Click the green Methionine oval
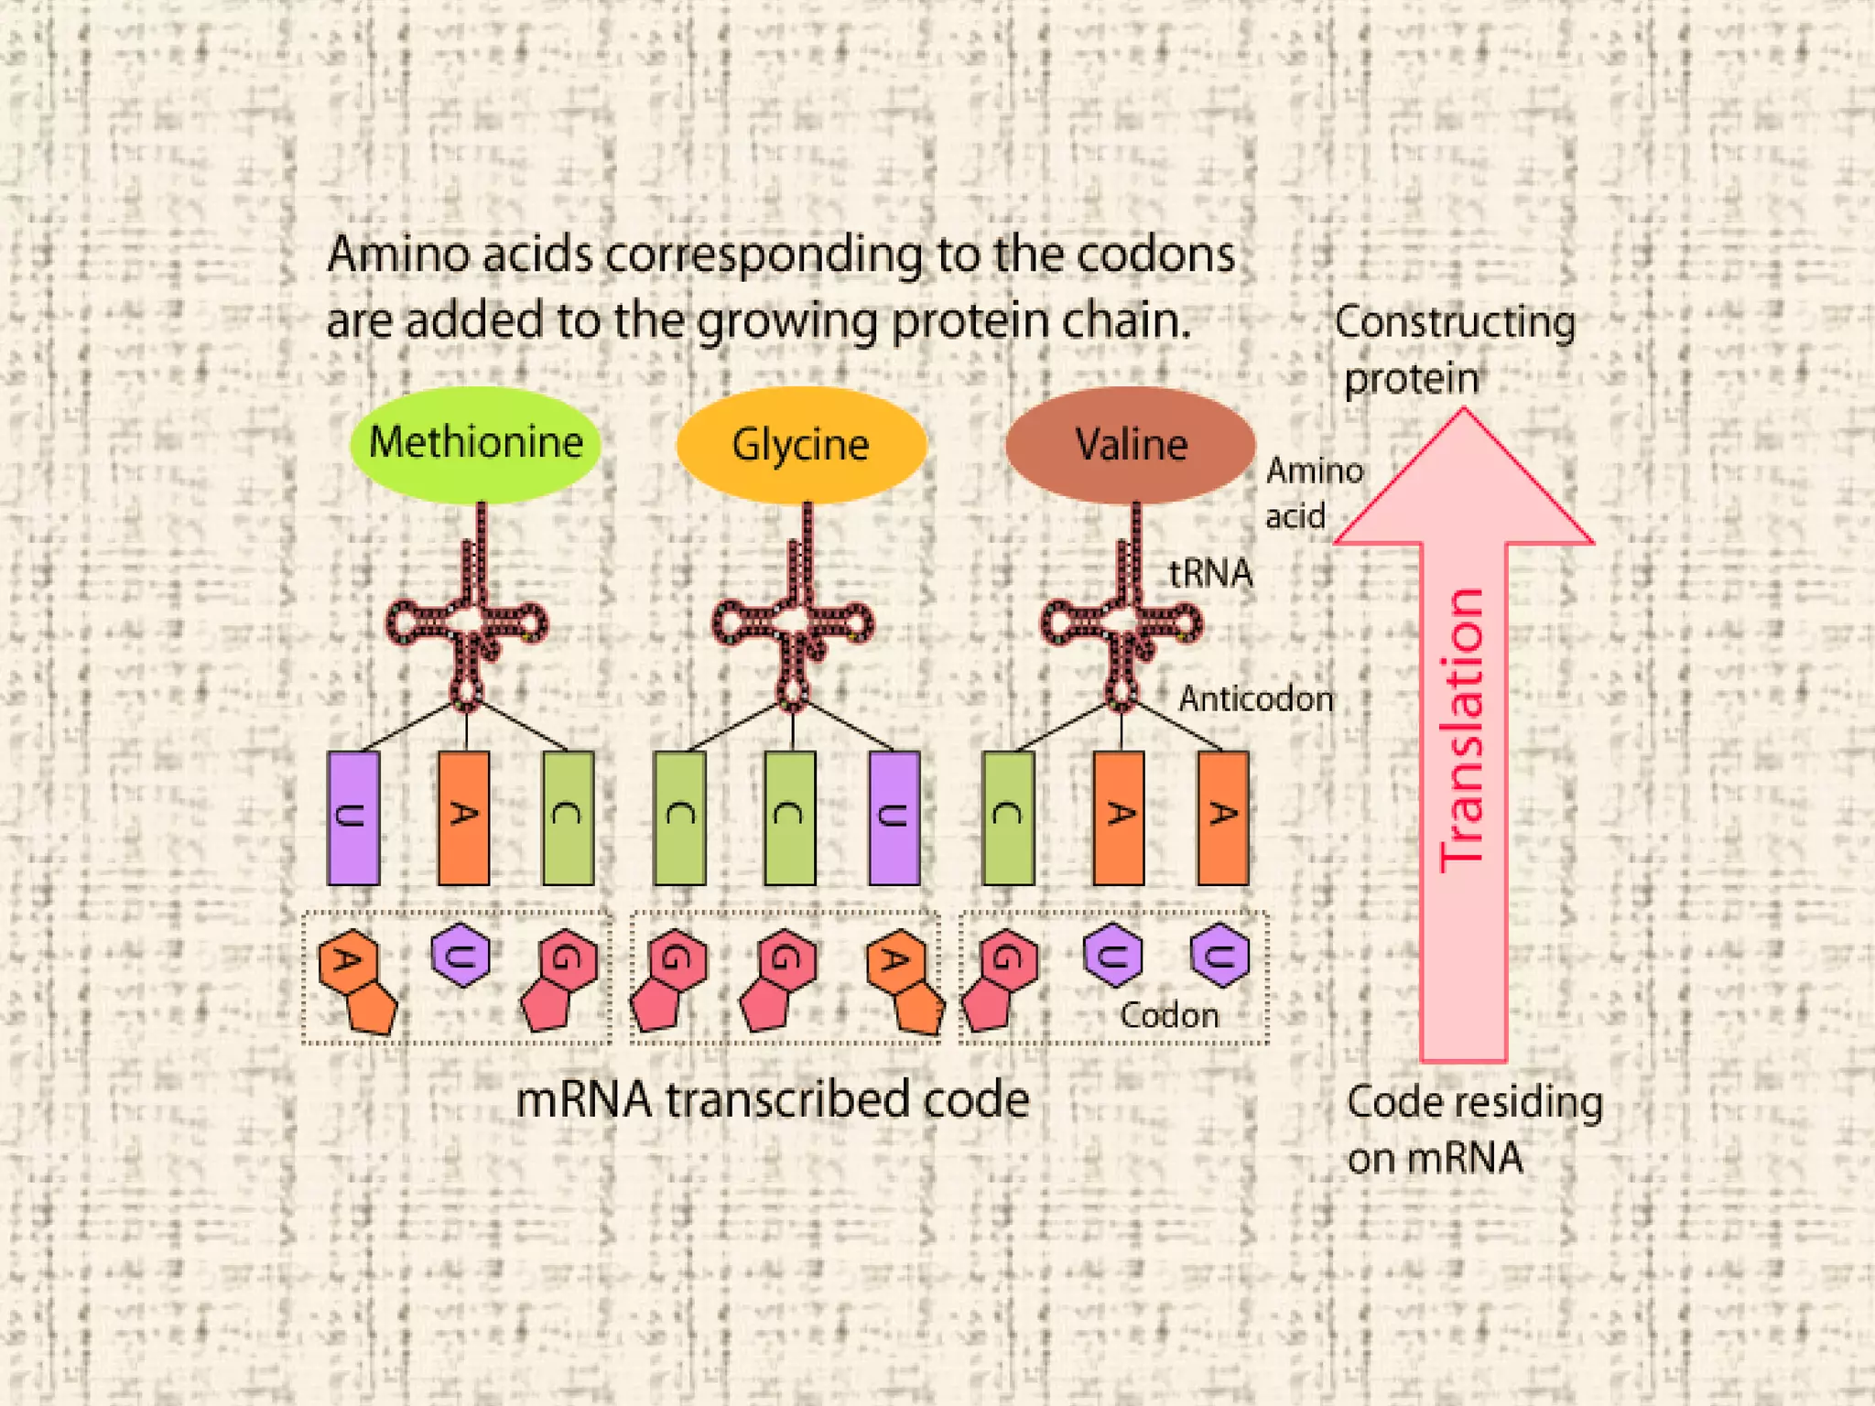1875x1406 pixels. click(x=475, y=445)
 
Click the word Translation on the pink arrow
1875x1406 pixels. click(x=1462, y=730)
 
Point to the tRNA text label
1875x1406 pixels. click(x=1210, y=574)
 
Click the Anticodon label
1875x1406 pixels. click(x=1255, y=699)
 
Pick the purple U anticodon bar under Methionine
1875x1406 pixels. click(x=353, y=817)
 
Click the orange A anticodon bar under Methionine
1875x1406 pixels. click(x=463, y=817)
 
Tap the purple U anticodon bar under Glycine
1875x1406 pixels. click(x=894, y=817)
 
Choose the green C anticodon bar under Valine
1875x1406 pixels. click(x=1008, y=817)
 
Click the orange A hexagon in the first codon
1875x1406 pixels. click(x=349, y=961)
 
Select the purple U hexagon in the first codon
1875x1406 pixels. click(x=461, y=956)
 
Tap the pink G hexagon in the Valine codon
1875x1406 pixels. click(x=1007, y=959)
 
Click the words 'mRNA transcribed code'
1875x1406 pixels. click(x=772, y=1099)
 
